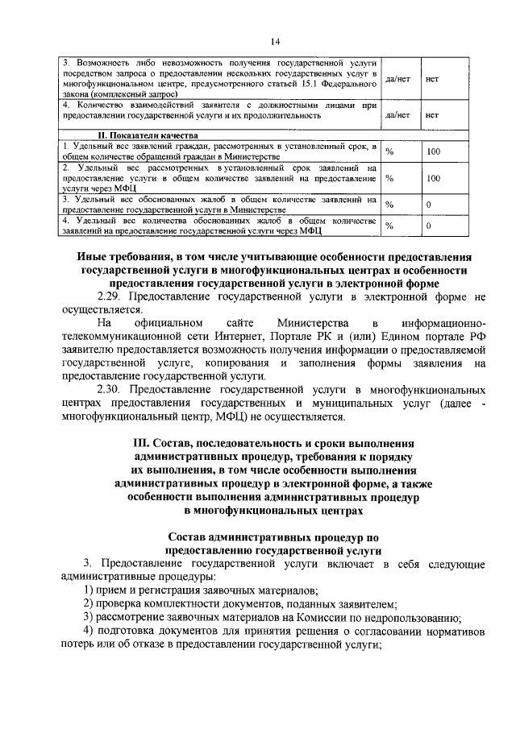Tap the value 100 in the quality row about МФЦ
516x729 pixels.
point(433,178)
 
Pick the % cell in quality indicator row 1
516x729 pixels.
point(389,151)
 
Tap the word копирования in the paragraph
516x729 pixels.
point(220,363)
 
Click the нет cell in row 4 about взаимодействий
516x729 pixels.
point(431,115)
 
